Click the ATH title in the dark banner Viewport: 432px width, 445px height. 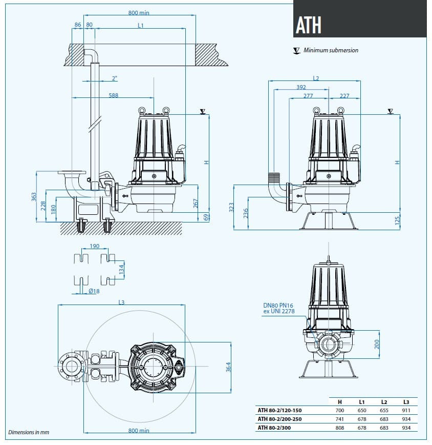click(309, 25)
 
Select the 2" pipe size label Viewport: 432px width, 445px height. click(114, 78)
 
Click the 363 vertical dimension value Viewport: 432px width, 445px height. click(34, 197)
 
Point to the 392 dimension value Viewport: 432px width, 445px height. click(300, 87)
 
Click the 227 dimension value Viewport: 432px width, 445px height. click(344, 95)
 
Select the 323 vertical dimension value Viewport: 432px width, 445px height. click(231, 207)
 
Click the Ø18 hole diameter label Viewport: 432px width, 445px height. click(94, 291)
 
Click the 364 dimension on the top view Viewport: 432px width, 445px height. click(229, 367)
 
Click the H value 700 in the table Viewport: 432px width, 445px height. click(340, 410)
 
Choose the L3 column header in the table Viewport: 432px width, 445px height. click(406, 401)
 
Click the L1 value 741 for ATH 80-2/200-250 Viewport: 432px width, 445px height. click(340, 419)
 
